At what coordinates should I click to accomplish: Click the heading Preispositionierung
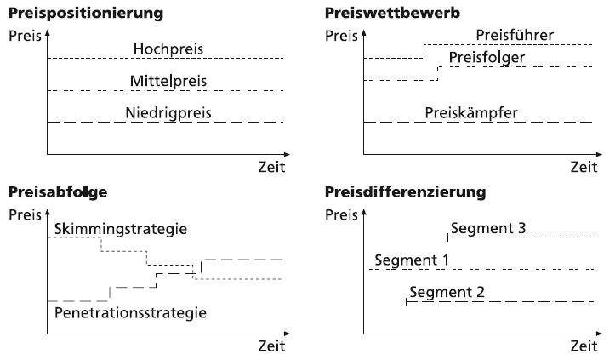click(86, 14)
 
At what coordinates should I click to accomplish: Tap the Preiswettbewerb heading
click(393, 13)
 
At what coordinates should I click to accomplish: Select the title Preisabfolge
click(58, 192)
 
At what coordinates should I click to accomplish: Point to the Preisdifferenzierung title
click(406, 192)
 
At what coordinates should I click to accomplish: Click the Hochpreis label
click(168, 49)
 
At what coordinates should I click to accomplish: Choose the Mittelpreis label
click(168, 81)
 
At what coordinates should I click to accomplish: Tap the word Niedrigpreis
click(168, 113)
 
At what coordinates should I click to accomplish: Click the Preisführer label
click(515, 36)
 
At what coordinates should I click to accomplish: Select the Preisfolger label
click(487, 58)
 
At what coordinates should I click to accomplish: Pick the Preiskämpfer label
click(471, 113)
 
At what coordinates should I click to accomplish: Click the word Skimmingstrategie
click(121, 229)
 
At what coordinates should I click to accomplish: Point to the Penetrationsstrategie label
click(130, 313)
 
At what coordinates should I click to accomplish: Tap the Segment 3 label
click(488, 228)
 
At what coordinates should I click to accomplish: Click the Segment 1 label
click(412, 260)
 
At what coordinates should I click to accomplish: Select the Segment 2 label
click(447, 293)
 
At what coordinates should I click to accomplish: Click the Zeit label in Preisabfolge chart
click(271, 346)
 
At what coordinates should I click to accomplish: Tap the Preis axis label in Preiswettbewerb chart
click(341, 36)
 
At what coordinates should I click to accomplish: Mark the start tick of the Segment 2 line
click(407, 301)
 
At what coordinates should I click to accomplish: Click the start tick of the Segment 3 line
click(448, 237)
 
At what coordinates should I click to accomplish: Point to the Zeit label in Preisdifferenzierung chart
click(584, 346)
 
